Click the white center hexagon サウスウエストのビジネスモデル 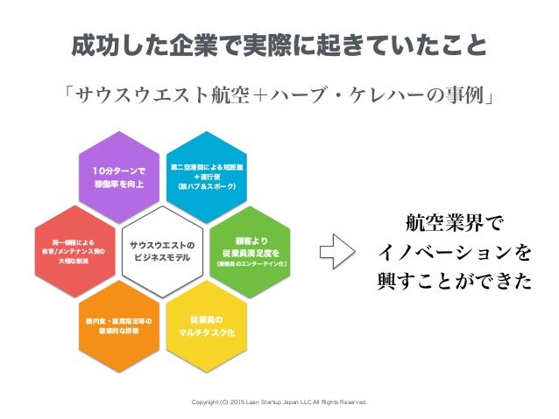coord(161,249)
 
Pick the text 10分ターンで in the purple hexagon coord(119,170)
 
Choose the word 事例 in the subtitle coord(465,93)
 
